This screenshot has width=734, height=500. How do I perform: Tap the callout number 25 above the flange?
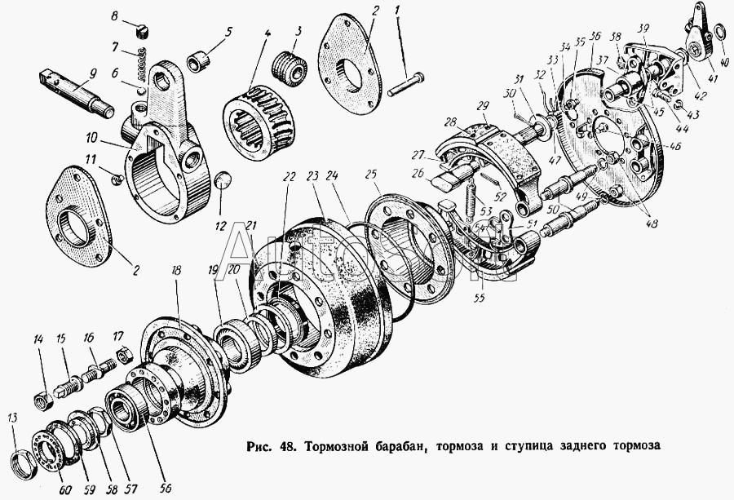point(371,175)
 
